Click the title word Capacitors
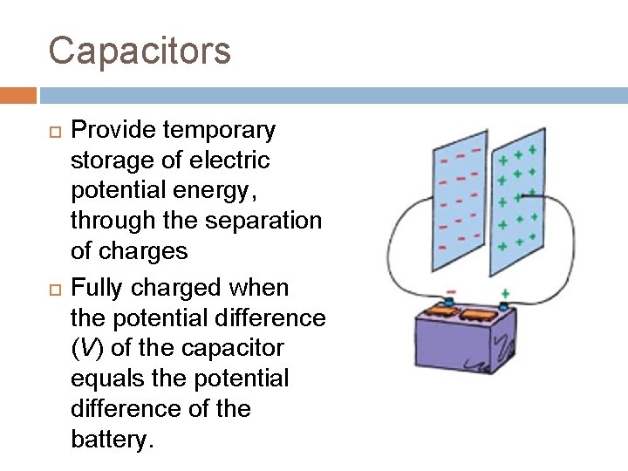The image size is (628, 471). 140,51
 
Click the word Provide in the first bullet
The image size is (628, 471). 113,131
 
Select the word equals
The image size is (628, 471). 106,379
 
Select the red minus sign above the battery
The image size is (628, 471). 451,291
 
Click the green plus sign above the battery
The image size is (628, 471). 504,294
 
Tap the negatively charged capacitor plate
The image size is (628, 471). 460,201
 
